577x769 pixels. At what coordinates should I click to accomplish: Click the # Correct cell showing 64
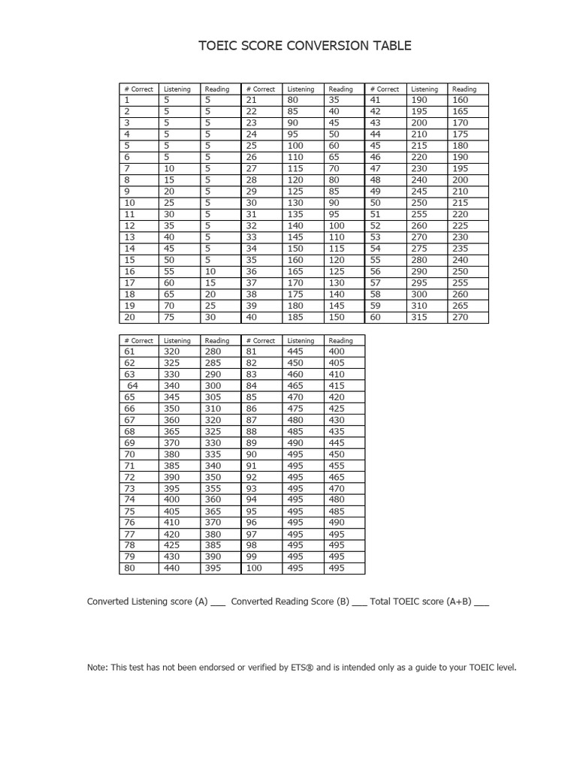pos(132,386)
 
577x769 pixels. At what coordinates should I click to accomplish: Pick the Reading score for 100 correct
pos(337,568)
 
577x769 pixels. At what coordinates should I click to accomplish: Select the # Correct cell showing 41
pos(375,100)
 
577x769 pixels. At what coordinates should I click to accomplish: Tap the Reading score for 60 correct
pos(460,317)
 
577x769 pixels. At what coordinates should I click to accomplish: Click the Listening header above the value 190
pos(424,89)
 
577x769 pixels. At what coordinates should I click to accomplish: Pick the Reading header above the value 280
pos(217,340)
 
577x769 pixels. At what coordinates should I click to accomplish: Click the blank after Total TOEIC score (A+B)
pos(482,603)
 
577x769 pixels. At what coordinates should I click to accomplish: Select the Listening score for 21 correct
pos(293,100)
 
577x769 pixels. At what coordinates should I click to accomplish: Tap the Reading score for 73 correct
pos(213,488)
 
